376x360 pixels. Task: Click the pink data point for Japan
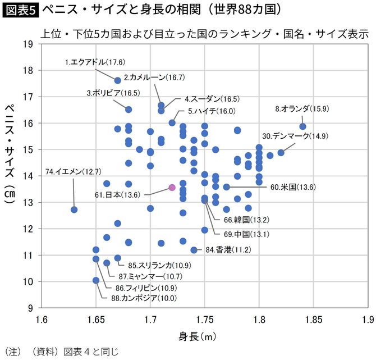point(172,188)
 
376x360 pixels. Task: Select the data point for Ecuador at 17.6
point(118,80)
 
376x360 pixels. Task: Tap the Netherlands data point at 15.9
point(303,126)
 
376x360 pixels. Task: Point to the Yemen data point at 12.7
point(74,209)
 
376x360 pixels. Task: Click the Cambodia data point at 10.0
point(96,280)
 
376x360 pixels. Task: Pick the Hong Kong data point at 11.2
point(194,250)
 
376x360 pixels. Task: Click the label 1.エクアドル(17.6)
point(95,62)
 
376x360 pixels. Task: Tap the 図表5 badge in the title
point(20,10)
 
